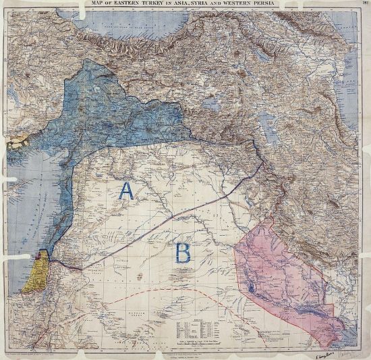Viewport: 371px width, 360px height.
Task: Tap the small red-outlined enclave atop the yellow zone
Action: click(42, 255)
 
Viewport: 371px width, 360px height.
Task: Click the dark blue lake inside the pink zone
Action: click(252, 288)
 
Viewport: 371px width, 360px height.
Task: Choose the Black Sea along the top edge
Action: click(135, 27)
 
